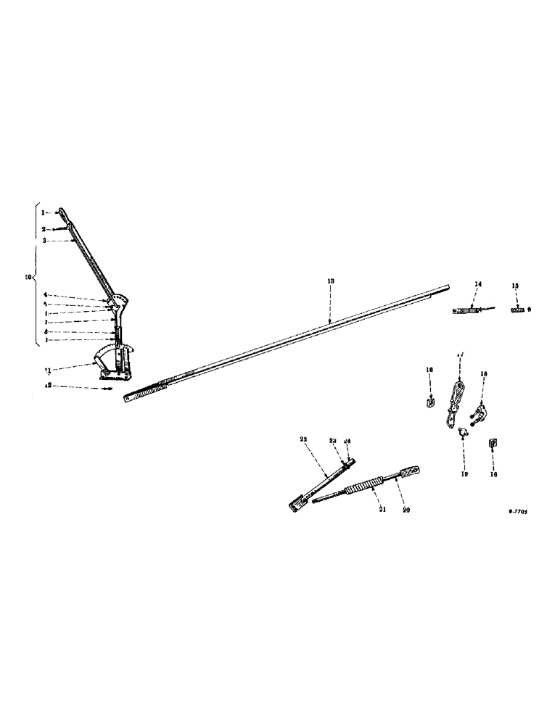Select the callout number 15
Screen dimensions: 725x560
pyautogui.click(x=515, y=286)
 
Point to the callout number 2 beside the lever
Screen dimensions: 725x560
pyautogui.click(x=44, y=228)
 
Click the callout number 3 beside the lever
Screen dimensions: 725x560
pyautogui.click(x=44, y=239)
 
